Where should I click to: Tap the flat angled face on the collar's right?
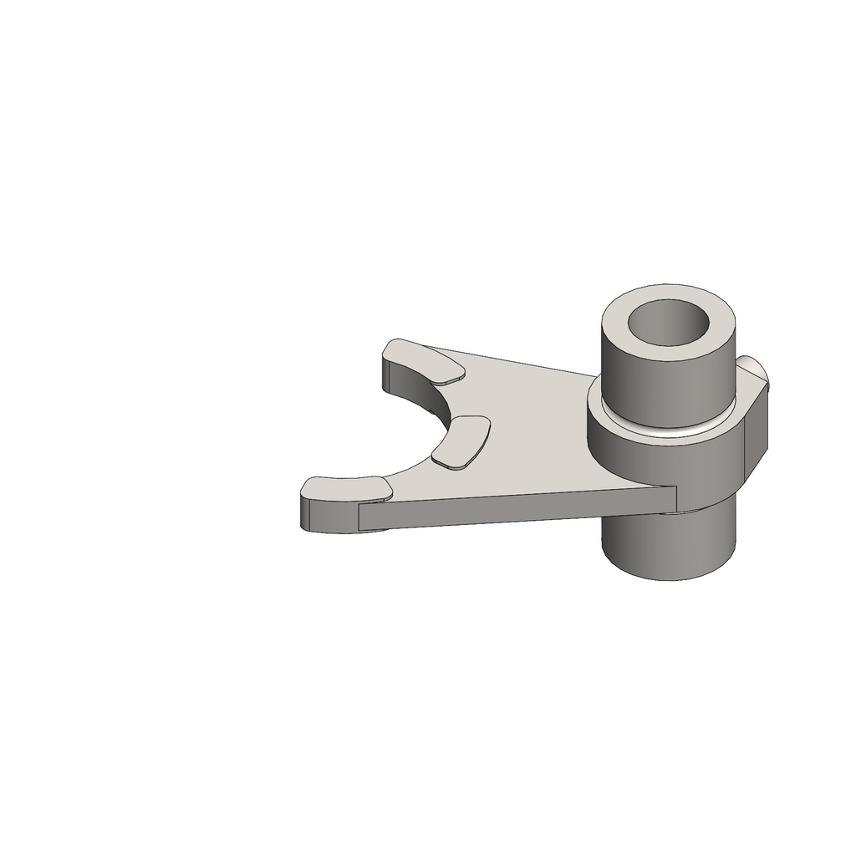coord(756,435)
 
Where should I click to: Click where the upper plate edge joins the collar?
coord(595,377)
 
